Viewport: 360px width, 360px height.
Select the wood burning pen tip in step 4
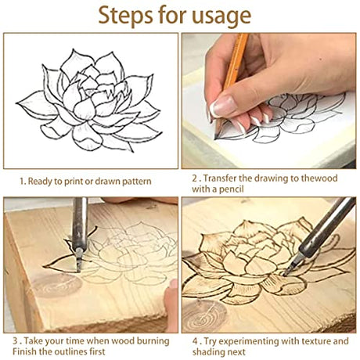(288, 269)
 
